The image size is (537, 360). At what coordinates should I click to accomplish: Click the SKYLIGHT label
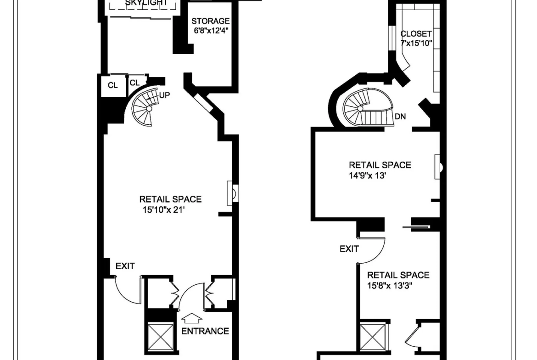point(146,3)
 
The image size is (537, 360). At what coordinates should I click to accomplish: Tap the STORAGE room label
point(210,21)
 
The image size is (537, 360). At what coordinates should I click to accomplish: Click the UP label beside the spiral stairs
point(164,95)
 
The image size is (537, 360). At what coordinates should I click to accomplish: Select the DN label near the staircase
point(400,116)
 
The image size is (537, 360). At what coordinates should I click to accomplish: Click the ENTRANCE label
point(205,331)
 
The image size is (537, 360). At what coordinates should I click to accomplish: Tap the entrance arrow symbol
point(191,319)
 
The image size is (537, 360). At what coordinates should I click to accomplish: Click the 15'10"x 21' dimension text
point(164,210)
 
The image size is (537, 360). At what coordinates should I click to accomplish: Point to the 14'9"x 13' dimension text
point(368,176)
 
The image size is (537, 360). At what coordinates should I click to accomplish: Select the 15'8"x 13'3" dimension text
point(389,286)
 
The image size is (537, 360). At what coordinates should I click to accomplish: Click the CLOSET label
point(416,34)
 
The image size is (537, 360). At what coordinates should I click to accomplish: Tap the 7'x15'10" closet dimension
point(416,44)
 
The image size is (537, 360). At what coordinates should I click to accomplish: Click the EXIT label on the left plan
point(125,266)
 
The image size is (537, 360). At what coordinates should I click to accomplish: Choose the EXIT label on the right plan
point(349,249)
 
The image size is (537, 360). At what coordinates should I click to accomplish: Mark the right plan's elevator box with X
point(373,338)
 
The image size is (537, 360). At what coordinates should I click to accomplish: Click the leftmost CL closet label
point(112,85)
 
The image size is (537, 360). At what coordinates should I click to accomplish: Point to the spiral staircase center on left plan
point(149,109)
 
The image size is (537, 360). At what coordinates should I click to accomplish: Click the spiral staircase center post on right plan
point(360,109)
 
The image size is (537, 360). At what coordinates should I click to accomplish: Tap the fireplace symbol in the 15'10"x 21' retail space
point(233,194)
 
